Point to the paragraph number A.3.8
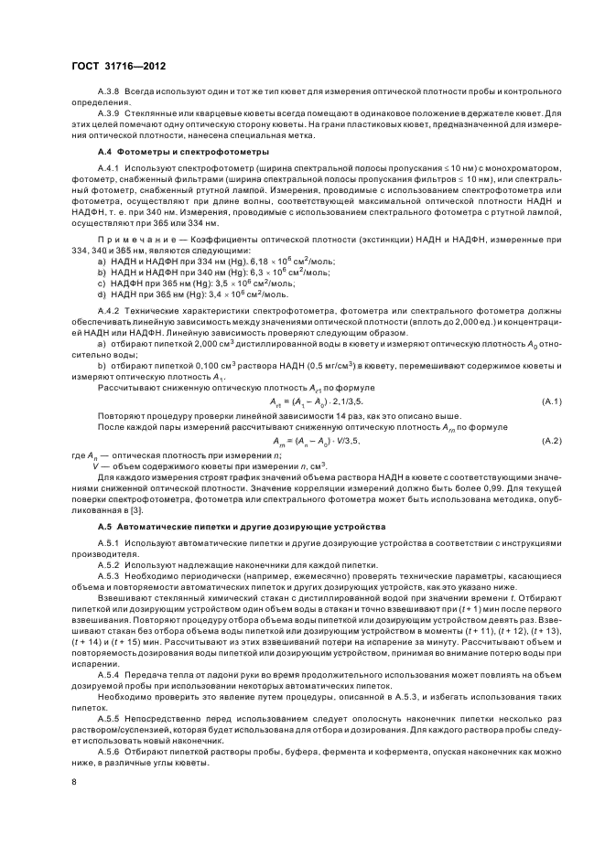(109, 92)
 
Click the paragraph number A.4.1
(109, 169)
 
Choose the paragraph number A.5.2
(109, 564)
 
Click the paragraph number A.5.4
(109, 670)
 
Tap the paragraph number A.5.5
(109, 718)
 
